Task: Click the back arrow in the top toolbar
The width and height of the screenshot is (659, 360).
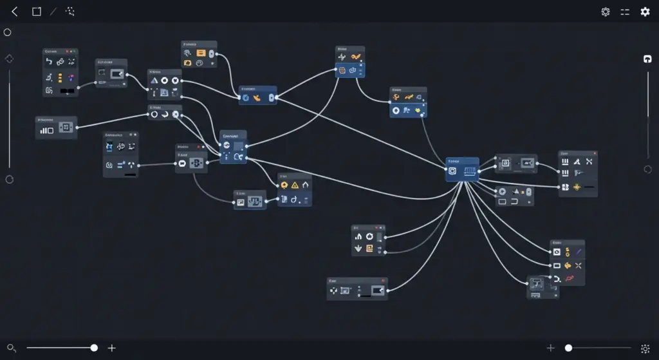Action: coord(15,12)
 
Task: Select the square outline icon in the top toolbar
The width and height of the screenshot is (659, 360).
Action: coord(37,12)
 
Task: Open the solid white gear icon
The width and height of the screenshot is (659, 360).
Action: coord(645,12)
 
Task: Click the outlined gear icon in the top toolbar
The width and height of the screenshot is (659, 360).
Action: coord(606,12)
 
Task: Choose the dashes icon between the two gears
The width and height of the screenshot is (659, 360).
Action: coord(625,12)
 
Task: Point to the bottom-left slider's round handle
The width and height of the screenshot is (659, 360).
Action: coord(94,348)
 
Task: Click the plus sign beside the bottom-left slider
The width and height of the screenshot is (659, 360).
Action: coord(111,348)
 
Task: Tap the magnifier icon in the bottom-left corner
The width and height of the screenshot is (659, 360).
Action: coord(11,348)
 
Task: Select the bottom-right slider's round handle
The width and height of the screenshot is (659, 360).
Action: coord(568,348)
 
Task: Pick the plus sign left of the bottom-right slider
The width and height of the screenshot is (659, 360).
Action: coord(550,348)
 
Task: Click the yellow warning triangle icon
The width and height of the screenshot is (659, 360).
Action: coord(295,185)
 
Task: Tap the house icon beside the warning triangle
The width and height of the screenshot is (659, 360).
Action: coord(306,185)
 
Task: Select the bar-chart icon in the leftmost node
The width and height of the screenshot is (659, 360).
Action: coord(47,130)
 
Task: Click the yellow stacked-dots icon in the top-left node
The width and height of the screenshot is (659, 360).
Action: coord(60,77)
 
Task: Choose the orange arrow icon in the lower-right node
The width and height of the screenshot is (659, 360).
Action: coord(568,265)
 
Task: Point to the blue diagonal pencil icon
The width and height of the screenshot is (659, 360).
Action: coord(579,252)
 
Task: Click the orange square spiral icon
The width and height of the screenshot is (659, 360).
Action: coord(369,249)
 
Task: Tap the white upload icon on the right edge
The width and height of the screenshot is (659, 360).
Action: coord(647,59)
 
